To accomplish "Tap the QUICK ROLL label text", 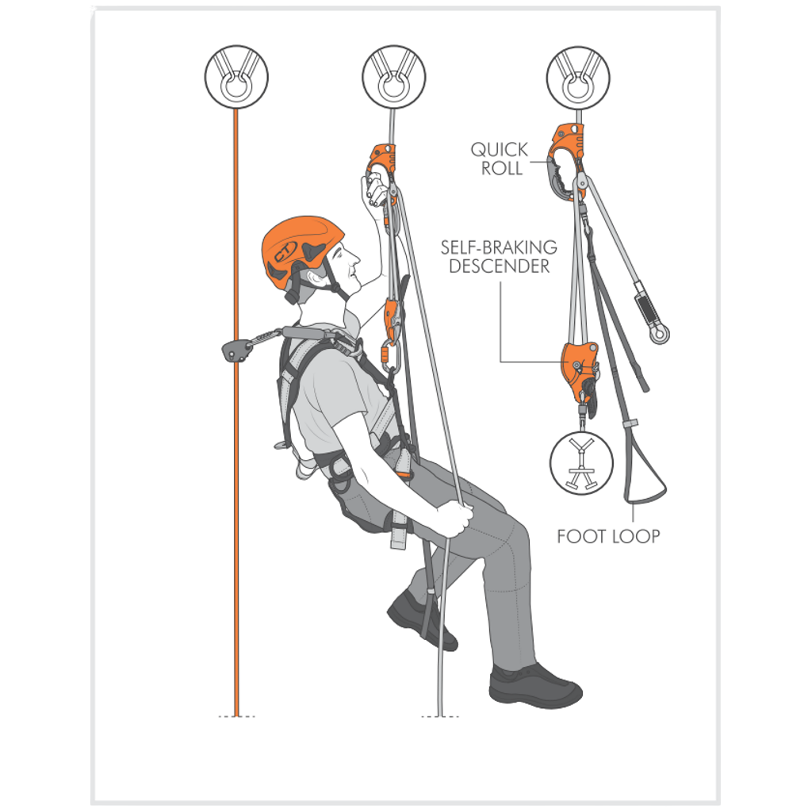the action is [x=500, y=159].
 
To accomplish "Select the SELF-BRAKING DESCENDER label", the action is [x=499, y=257].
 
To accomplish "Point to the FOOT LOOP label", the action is [x=608, y=537].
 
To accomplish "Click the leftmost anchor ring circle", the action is [x=236, y=77].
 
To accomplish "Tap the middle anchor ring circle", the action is [x=394, y=77].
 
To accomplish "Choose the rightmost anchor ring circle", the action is [x=578, y=77].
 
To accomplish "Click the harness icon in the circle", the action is [x=581, y=463].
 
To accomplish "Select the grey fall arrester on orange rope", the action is [x=235, y=350].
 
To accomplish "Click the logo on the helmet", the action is [x=285, y=251].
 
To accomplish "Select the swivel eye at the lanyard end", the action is [x=659, y=333].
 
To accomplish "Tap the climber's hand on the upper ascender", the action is [x=375, y=193].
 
